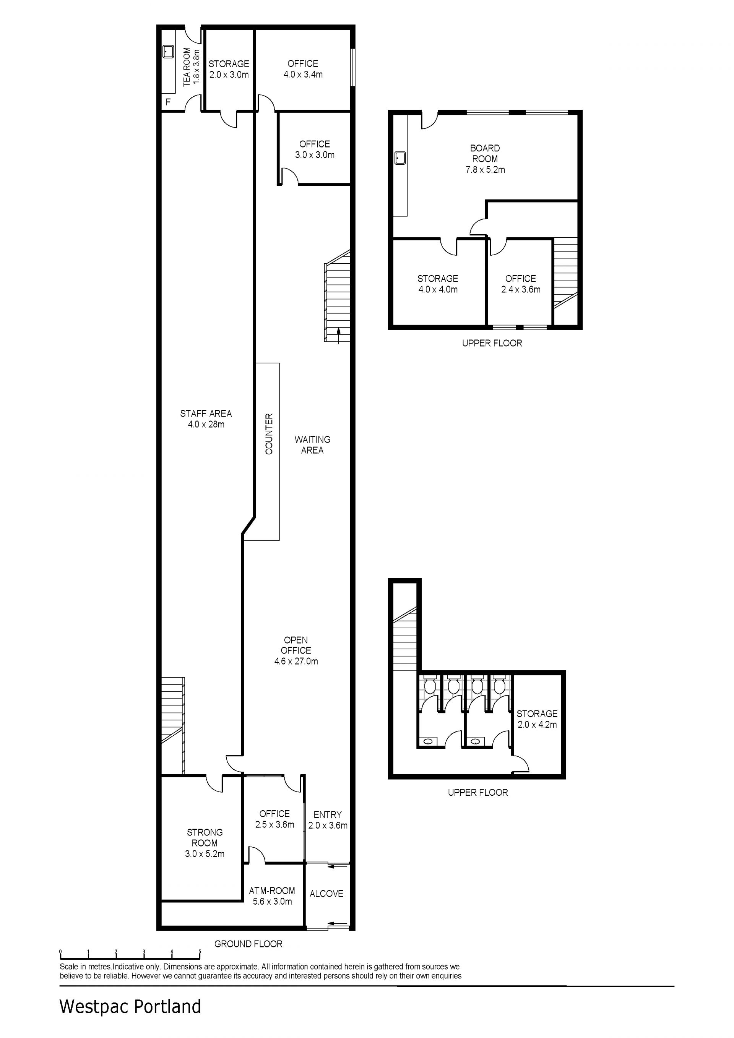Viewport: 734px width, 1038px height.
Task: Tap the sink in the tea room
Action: point(168,52)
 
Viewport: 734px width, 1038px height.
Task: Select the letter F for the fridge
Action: point(168,102)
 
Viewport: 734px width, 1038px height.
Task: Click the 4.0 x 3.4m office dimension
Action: point(303,75)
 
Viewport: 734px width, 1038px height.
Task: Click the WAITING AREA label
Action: point(312,445)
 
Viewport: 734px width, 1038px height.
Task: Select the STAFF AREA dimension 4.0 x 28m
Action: point(206,425)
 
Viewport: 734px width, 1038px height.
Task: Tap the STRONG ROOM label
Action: point(205,838)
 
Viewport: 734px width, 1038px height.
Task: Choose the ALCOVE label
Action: point(326,894)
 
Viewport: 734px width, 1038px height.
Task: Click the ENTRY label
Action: point(328,815)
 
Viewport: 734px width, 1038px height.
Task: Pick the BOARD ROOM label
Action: point(485,154)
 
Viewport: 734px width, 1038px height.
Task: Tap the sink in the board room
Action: point(400,158)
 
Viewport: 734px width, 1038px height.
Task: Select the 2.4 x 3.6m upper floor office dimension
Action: point(521,290)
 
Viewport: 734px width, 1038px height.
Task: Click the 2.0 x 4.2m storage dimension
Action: point(537,725)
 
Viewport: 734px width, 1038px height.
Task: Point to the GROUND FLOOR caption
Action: point(248,944)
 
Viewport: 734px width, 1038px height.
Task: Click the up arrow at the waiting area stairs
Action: point(338,336)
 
